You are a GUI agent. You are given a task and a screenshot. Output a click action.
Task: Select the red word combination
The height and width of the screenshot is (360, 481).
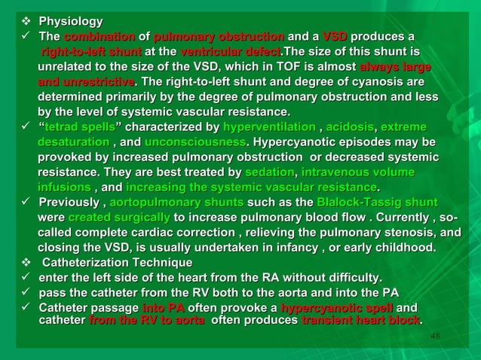[100, 37]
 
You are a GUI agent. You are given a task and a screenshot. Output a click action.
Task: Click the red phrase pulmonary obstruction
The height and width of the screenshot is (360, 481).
[219, 37]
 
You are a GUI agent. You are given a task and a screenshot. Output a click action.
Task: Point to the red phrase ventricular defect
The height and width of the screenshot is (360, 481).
[229, 52]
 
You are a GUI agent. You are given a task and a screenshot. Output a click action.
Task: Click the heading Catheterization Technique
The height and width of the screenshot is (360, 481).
[116, 262]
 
